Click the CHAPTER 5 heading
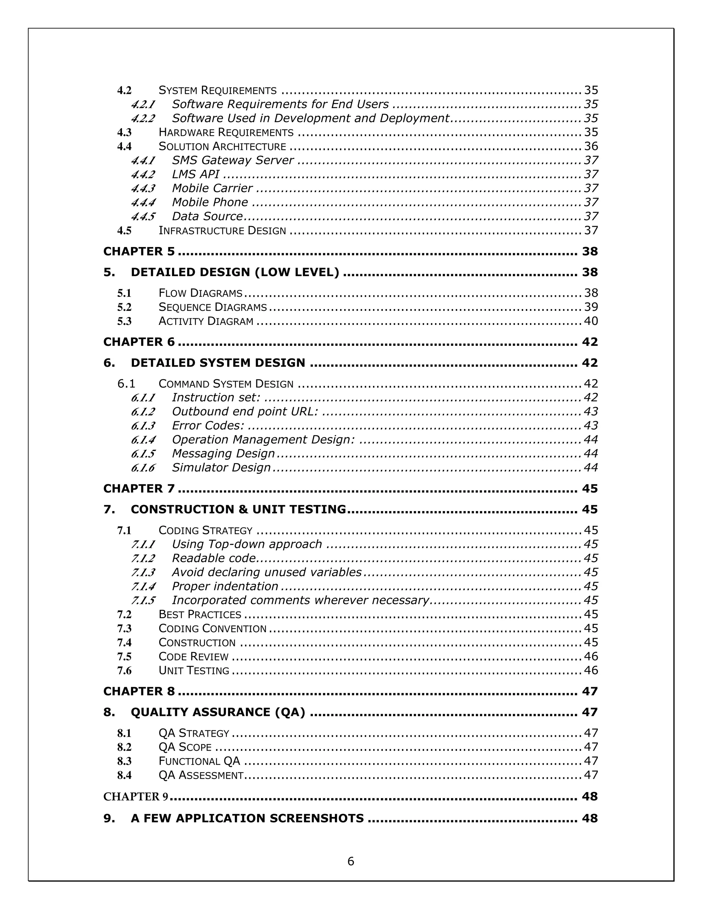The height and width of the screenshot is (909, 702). (139, 251)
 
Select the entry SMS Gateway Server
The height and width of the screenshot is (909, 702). (232, 160)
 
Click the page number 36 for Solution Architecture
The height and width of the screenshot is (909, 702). (591, 146)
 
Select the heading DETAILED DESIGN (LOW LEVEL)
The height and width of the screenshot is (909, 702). (234, 272)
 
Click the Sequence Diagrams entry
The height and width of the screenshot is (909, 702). (213, 307)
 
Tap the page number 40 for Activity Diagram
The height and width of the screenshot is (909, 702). (591, 321)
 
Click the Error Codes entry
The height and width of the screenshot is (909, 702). (208, 425)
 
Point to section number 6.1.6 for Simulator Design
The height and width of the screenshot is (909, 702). (143, 468)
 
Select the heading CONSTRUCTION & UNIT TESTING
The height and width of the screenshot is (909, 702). (238, 509)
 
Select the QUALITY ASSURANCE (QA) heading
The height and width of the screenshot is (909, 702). (218, 712)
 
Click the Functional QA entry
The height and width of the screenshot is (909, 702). (199, 761)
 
